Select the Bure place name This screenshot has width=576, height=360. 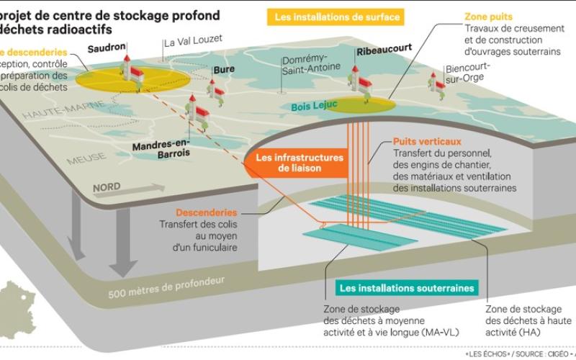(224, 70)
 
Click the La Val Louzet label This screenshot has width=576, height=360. (193, 42)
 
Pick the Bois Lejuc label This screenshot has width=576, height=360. (314, 107)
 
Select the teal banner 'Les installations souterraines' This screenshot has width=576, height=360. (407, 288)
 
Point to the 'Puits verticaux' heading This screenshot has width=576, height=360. (427, 142)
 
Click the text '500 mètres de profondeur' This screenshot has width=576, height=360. (166, 287)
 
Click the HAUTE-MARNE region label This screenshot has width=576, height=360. (55, 111)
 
